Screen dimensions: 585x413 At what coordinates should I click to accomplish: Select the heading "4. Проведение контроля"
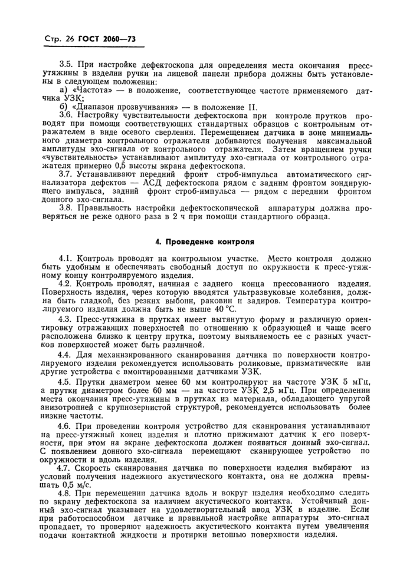(205, 242)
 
